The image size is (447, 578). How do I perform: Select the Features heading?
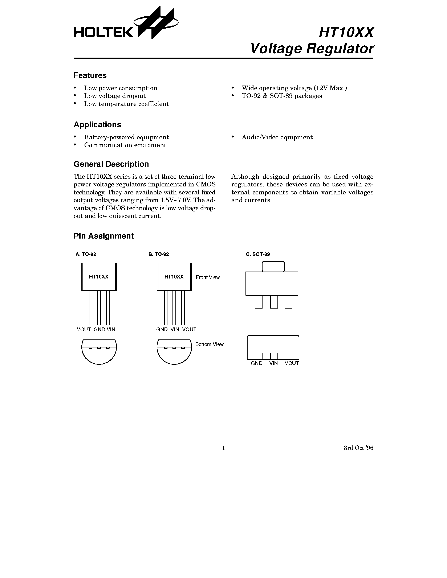coord(90,75)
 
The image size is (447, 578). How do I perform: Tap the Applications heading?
coord(97,125)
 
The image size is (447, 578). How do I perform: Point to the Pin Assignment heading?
coord(103,236)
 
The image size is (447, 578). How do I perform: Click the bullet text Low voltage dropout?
coord(115,96)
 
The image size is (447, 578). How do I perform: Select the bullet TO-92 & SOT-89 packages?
coord(281,96)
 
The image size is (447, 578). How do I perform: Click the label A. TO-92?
coord(86,254)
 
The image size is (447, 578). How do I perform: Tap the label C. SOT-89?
coord(258,254)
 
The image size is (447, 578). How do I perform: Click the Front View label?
coord(208,277)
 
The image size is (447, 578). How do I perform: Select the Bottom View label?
coord(209,344)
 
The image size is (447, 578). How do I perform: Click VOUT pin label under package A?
coord(84,330)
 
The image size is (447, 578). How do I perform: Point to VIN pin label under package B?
coord(175,330)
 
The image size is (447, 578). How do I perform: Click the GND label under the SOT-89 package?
coord(256,363)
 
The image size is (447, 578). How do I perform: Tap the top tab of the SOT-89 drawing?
coord(273,267)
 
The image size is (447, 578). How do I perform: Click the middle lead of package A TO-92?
coord(99,307)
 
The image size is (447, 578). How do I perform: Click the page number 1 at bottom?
coord(223,448)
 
